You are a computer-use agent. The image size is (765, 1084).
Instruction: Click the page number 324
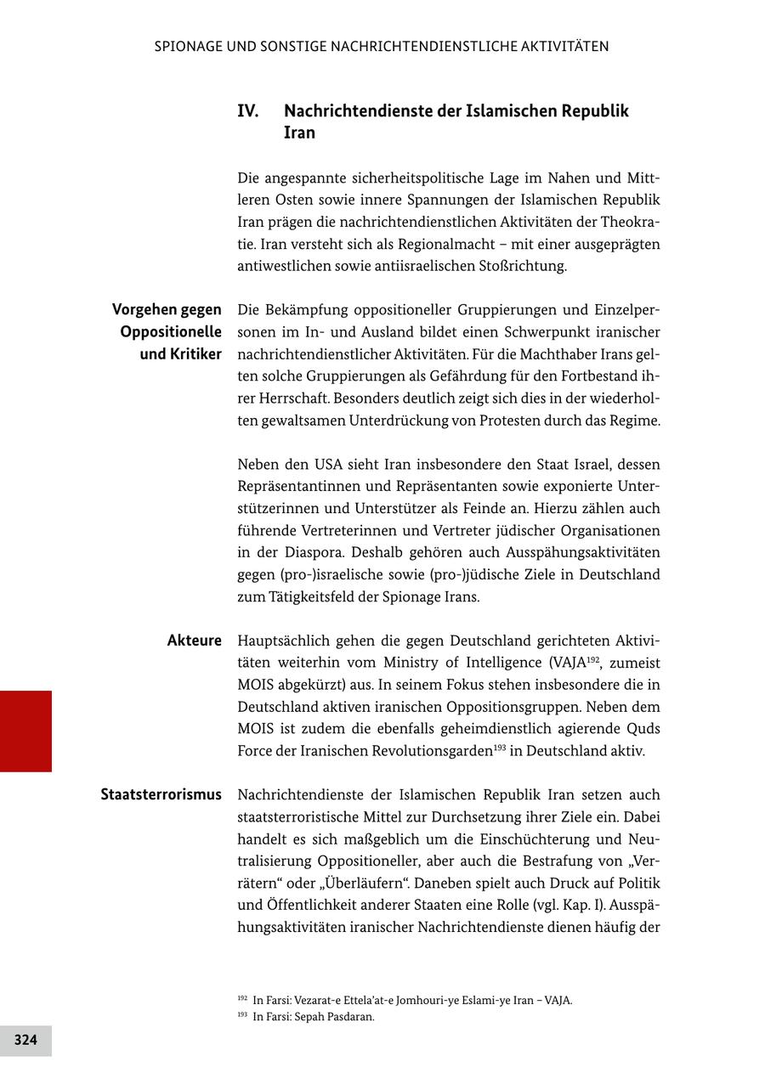click(x=25, y=1040)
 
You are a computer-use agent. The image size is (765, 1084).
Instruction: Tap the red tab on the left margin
click(x=25, y=731)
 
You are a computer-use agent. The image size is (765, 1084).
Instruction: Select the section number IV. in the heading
click(x=248, y=111)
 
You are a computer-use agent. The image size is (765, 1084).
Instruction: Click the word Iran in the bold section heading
click(x=299, y=133)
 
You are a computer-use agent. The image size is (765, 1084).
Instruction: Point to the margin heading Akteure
click(x=194, y=641)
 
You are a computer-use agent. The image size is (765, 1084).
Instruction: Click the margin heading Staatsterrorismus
click(x=161, y=795)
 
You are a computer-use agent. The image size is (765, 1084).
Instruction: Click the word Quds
click(x=643, y=729)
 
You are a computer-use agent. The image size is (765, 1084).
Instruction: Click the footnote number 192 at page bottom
click(x=242, y=1000)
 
